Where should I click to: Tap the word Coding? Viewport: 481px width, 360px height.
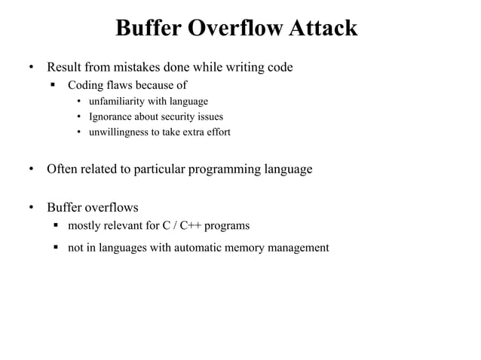pos(86,85)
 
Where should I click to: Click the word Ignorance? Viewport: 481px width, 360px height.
pos(112,117)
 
